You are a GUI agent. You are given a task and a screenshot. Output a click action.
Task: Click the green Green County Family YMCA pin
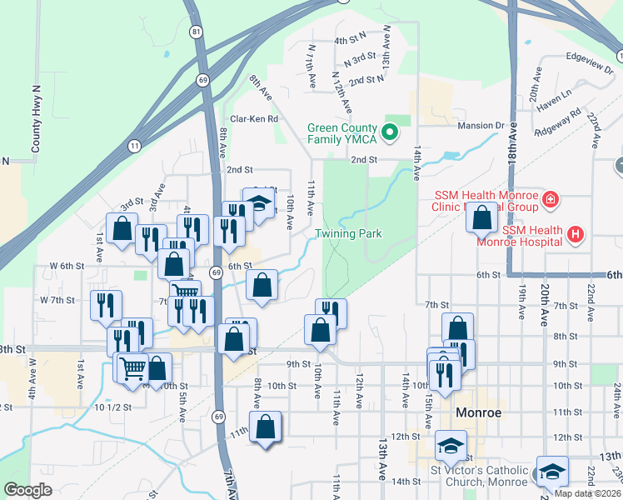click(x=389, y=132)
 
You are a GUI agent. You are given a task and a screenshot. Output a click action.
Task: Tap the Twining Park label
click(x=348, y=233)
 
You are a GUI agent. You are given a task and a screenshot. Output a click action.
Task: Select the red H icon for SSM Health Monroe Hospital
click(x=574, y=235)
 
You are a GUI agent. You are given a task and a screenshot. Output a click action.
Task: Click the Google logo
click(x=27, y=489)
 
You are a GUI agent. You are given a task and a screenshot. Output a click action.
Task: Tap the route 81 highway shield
click(x=196, y=32)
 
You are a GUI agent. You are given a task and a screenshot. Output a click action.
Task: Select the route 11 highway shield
click(x=134, y=145)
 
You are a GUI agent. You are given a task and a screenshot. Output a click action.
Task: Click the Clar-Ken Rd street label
click(x=254, y=119)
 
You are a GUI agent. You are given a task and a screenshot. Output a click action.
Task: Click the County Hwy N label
click(x=36, y=117)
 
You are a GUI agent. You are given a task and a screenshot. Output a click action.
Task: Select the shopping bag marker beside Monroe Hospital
click(x=482, y=218)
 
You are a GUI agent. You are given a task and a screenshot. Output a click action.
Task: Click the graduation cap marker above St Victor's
click(x=451, y=446)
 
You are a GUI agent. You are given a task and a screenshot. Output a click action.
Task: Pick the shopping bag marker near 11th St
click(x=266, y=427)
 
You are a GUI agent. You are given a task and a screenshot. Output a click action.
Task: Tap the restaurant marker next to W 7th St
click(x=106, y=305)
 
